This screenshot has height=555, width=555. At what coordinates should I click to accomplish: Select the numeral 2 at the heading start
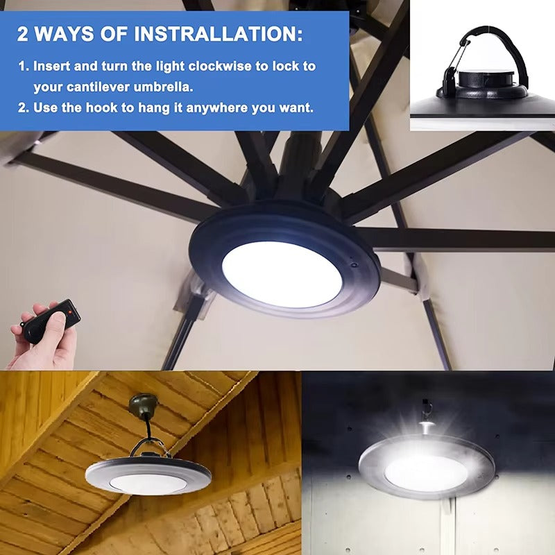[24, 33]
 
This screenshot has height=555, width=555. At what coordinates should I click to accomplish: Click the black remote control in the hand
[52, 321]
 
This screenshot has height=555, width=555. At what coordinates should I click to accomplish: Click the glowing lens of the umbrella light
[282, 273]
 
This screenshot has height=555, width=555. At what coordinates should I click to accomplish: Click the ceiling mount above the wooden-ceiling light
[144, 406]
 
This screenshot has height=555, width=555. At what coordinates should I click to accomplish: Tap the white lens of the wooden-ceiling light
[148, 483]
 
